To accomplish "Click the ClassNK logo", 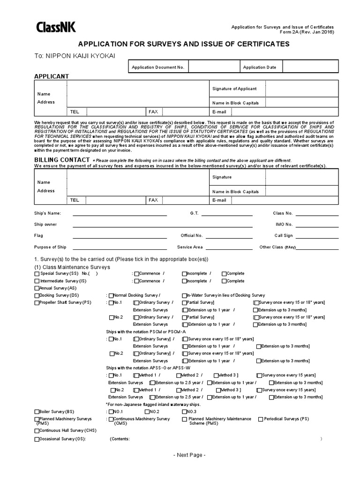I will point(56,28).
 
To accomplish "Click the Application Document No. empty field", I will point(214,67).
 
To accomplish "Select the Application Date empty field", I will point(310,67).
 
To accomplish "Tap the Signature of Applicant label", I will point(234,89).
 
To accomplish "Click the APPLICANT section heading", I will point(52,76).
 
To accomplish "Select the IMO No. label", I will point(283,225).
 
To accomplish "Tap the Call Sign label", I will point(284,236).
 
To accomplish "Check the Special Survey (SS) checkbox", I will point(37,274).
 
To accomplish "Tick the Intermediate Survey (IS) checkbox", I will point(37,281).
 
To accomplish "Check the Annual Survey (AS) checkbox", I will point(37,288).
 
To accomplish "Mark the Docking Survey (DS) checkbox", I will point(37,296).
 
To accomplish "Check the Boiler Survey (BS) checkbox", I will point(37,412).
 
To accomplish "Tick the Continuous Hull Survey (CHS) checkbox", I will point(37,430).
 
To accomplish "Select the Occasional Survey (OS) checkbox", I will point(37,440).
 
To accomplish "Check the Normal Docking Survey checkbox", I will point(111,296).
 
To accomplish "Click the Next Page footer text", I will point(189,455).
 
